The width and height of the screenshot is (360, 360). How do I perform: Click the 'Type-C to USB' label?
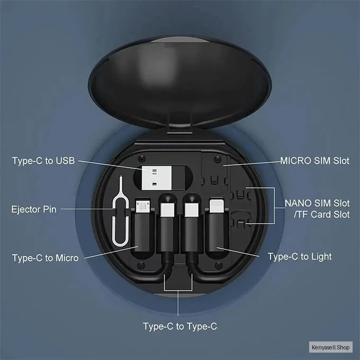tap(43, 161)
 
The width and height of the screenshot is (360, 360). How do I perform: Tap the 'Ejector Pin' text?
tap(34, 210)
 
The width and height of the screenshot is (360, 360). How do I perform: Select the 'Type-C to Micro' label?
tap(45, 258)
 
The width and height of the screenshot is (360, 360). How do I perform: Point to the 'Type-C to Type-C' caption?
tap(180, 326)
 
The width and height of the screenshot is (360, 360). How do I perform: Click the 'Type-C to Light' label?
tap(300, 256)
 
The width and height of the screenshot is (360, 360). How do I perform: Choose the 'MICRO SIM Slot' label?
tap(314, 161)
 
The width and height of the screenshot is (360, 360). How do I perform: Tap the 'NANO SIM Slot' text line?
tap(317, 203)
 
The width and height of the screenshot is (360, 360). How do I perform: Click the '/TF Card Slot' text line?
tap(322, 214)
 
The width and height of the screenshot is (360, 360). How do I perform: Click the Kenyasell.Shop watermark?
tap(330, 347)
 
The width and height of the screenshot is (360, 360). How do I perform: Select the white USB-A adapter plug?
tap(157, 178)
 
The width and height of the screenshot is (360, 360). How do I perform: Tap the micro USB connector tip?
tap(143, 206)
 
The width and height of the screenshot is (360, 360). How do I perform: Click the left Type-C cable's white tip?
tap(167, 210)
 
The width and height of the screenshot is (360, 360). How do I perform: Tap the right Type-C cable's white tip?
tap(192, 210)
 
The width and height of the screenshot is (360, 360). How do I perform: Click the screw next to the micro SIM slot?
tap(217, 159)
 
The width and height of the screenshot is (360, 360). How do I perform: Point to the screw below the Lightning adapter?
tap(218, 265)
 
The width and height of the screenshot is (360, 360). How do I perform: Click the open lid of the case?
tap(180, 82)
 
